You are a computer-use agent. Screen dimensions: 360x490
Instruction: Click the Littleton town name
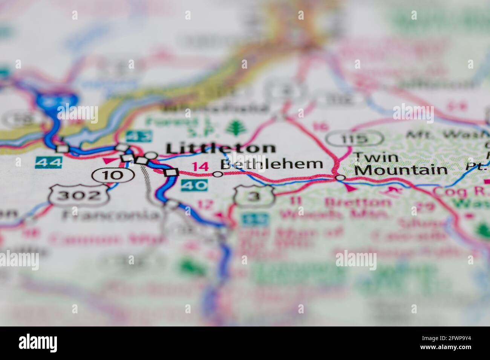pos(220,148)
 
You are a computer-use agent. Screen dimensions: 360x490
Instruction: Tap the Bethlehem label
pos(271,164)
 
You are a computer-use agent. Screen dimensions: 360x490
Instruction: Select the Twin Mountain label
pos(400,164)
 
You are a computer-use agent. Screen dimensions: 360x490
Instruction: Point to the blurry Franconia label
pos(110,215)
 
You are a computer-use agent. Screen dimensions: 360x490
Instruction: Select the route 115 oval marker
pos(353,139)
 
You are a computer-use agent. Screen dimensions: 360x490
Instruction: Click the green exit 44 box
pos(48,163)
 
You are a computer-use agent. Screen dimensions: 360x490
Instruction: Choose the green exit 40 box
pos(194,185)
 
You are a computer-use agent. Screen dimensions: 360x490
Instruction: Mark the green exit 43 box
pos(135,136)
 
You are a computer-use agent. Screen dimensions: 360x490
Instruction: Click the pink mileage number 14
pos(200,166)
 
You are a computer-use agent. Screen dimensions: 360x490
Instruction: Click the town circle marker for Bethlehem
pos(217,174)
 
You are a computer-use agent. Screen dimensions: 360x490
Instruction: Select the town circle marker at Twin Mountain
pos(340,177)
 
